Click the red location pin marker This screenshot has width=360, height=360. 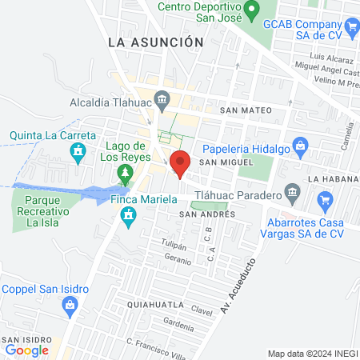click(180, 162)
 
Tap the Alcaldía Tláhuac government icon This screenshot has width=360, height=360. click(163, 101)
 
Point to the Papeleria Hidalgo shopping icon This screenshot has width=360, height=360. click(300, 146)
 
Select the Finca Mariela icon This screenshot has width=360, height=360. click(127, 215)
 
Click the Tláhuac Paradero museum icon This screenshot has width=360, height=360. click(292, 194)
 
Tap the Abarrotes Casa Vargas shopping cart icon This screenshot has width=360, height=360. click(325, 199)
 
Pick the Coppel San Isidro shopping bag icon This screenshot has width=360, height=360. click(70, 304)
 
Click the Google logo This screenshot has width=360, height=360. click(27, 350)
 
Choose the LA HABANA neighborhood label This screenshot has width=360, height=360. click(334, 178)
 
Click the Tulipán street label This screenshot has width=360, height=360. click(174, 246)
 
